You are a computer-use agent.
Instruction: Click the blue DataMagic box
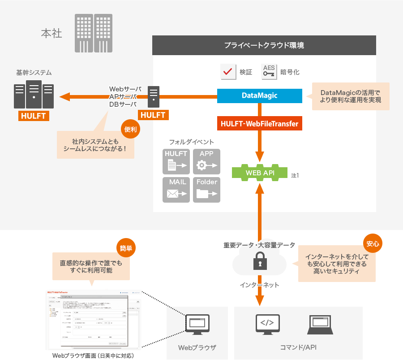click(260, 95)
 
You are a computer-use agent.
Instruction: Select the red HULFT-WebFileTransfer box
click(260, 123)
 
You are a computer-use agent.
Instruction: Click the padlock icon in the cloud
click(259, 260)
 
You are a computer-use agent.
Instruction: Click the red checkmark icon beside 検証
click(228, 71)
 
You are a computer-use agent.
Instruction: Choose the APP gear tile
click(206, 161)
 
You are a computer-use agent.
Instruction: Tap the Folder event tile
click(206, 189)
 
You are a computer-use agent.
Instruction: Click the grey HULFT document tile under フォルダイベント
click(176, 161)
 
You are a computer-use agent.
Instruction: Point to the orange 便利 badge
click(130, 130)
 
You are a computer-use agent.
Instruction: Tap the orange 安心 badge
click(373, 244)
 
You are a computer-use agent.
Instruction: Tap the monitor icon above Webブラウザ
click(197, 325)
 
